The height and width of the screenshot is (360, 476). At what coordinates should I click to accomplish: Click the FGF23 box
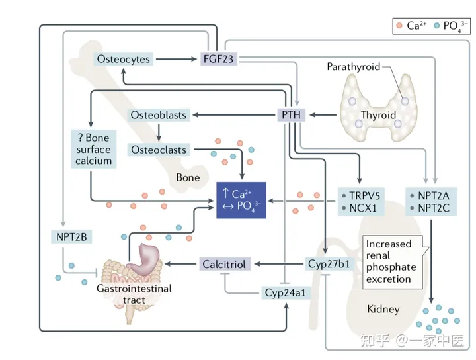tap(218, 59)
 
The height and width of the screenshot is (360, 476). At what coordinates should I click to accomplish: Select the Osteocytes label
tap(122, 59)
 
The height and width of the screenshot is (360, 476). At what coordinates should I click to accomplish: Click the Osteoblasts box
tap(158, 115)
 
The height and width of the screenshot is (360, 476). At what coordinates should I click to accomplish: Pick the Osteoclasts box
tap(158, 150)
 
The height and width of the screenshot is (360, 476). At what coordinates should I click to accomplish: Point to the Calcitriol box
tap(223, 264)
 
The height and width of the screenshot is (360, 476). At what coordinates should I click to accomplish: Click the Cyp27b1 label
tap(329, 264)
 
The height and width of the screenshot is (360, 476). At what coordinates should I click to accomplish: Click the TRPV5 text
tap(362, 195)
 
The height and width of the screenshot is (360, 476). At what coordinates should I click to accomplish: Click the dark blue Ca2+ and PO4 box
tap(242, 199)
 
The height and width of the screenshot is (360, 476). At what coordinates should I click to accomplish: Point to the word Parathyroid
tap(353, 67)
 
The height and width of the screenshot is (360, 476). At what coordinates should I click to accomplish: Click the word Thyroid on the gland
tap(378, 115)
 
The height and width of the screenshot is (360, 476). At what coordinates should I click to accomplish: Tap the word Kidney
tap(383, 309)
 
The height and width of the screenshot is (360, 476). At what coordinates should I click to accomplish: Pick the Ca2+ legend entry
tap(413, 26)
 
